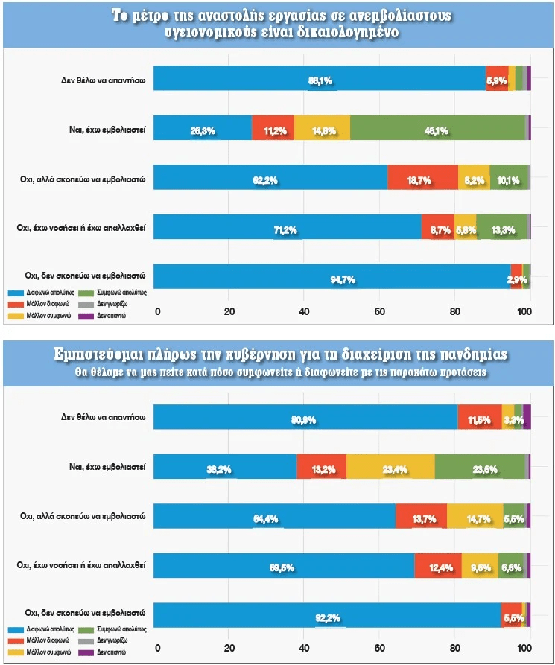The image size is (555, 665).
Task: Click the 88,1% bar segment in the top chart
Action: pos(320,78)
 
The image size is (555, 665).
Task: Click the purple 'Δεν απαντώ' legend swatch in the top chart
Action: pos(83,316)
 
